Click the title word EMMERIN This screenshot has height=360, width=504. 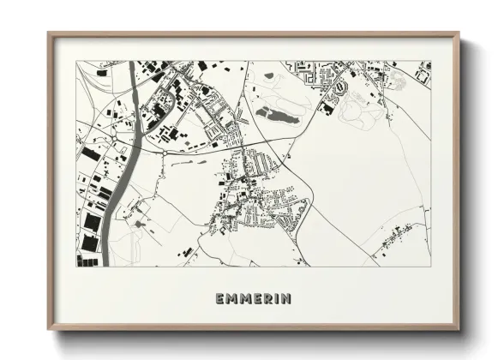tap(253, 298)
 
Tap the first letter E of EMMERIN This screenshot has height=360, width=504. tap(220, 298)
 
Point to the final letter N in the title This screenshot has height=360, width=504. tap(285, 298)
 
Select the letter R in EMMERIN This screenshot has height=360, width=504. tap(266, 298)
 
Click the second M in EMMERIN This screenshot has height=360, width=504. tap(243, 298)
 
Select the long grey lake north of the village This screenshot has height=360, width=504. tap(274, 113)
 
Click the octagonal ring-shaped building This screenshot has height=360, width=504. tap(339, 87)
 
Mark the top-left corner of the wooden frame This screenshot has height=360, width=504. tap(49, 33)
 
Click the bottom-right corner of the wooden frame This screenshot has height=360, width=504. tap(459, 330)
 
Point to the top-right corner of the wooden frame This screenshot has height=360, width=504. tap(459, 33)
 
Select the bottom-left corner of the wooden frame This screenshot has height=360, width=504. tap(49, 330)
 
